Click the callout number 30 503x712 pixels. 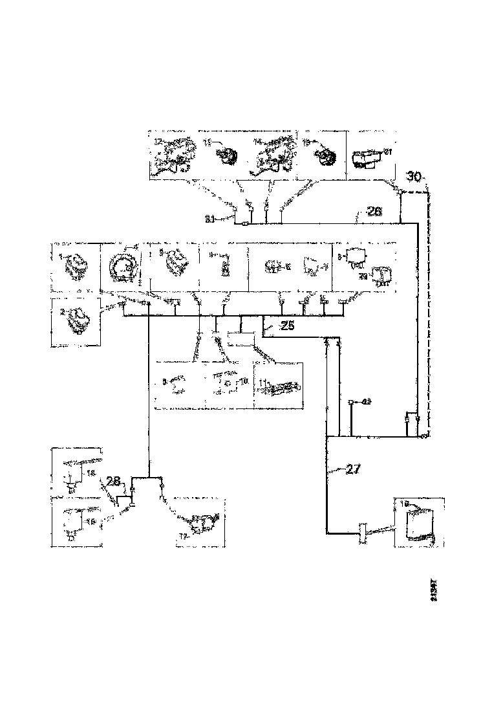(x=414, y=175)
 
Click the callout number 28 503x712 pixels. (x=114, y=482)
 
